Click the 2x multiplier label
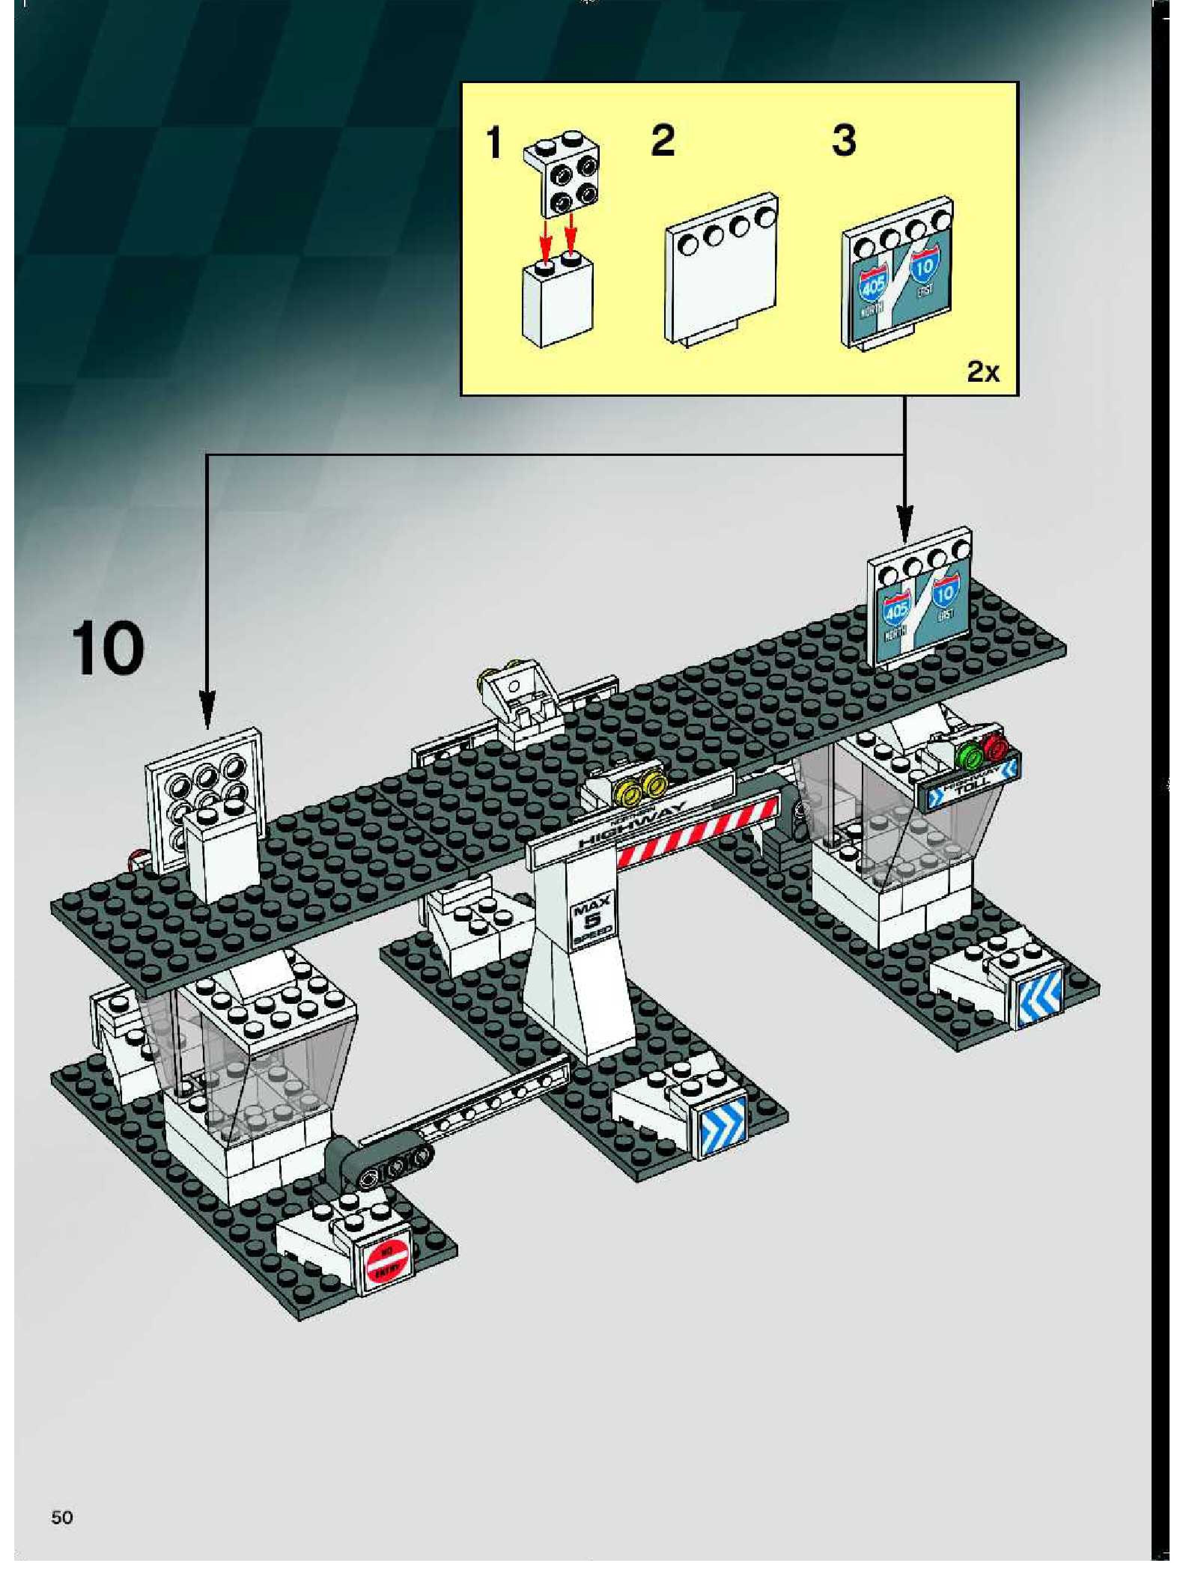click(x=983, y=371)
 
